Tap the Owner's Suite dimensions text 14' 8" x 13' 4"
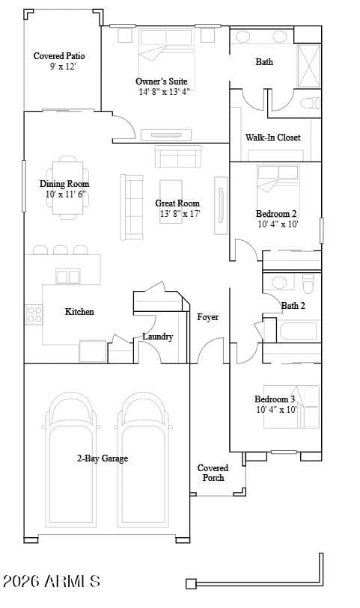165,92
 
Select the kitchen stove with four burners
34,314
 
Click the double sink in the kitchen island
68,277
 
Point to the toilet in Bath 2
308,284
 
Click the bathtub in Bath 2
298,331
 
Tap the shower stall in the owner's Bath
309,66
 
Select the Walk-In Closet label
272,138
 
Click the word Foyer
208,317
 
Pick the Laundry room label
157,337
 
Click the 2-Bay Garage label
103,458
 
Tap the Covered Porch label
213,473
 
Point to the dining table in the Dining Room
67,188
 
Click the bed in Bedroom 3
291,407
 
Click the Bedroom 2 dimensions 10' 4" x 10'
278,224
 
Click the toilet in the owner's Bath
311,103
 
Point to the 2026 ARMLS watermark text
52,581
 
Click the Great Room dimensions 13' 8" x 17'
180,214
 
